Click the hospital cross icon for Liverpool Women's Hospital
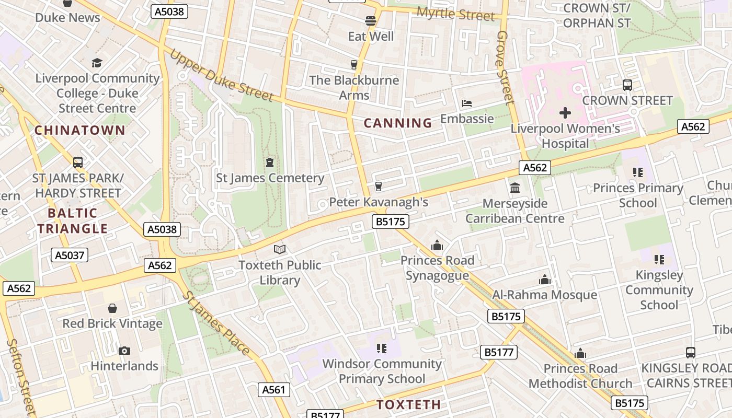tap(565, 112)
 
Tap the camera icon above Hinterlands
tap(124, 351)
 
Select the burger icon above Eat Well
tap(371, 21)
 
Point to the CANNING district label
tap(398, 123)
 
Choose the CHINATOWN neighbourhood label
tap(80, 130)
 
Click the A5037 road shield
tap(70, 255)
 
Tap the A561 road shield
tap(273, 389)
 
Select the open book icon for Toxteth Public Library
tap(280, 250)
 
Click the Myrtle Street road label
tap(455, 14)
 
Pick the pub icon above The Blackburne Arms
tap(354, 65)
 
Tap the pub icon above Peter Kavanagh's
tap(379, 187)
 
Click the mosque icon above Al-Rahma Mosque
tap(545, 280)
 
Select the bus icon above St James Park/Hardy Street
tap(78, 162)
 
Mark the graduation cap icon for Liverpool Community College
tap(97, 63)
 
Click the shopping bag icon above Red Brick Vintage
tap(112, 308)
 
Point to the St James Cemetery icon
tap(270, 163)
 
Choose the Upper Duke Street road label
tap(221, 75)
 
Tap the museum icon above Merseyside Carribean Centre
tap(515, 188)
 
